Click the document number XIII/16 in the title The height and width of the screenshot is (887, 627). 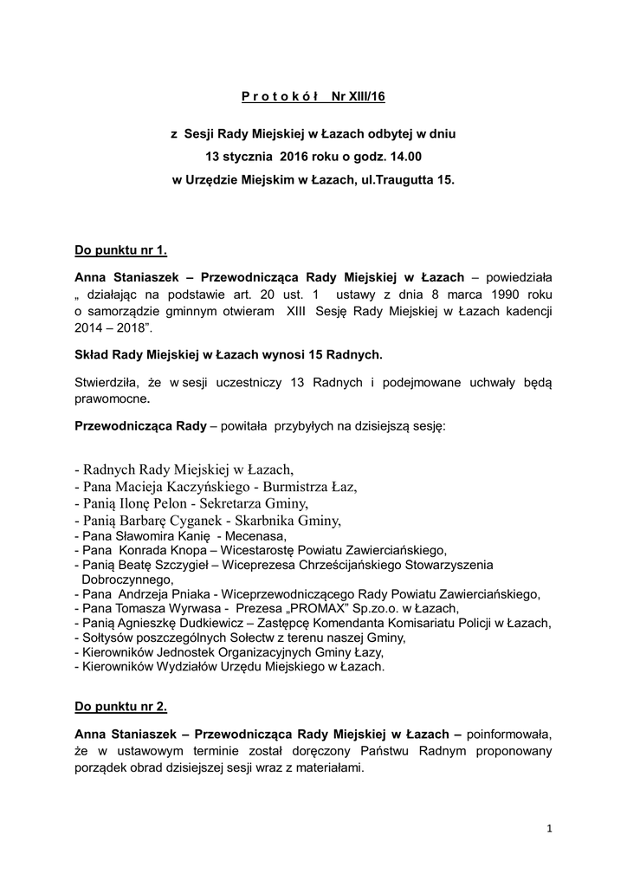click(x=365, y=95)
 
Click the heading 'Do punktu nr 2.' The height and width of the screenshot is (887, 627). click(x=121, y=706)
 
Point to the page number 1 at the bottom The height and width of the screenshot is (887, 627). click(x=549, y=829)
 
